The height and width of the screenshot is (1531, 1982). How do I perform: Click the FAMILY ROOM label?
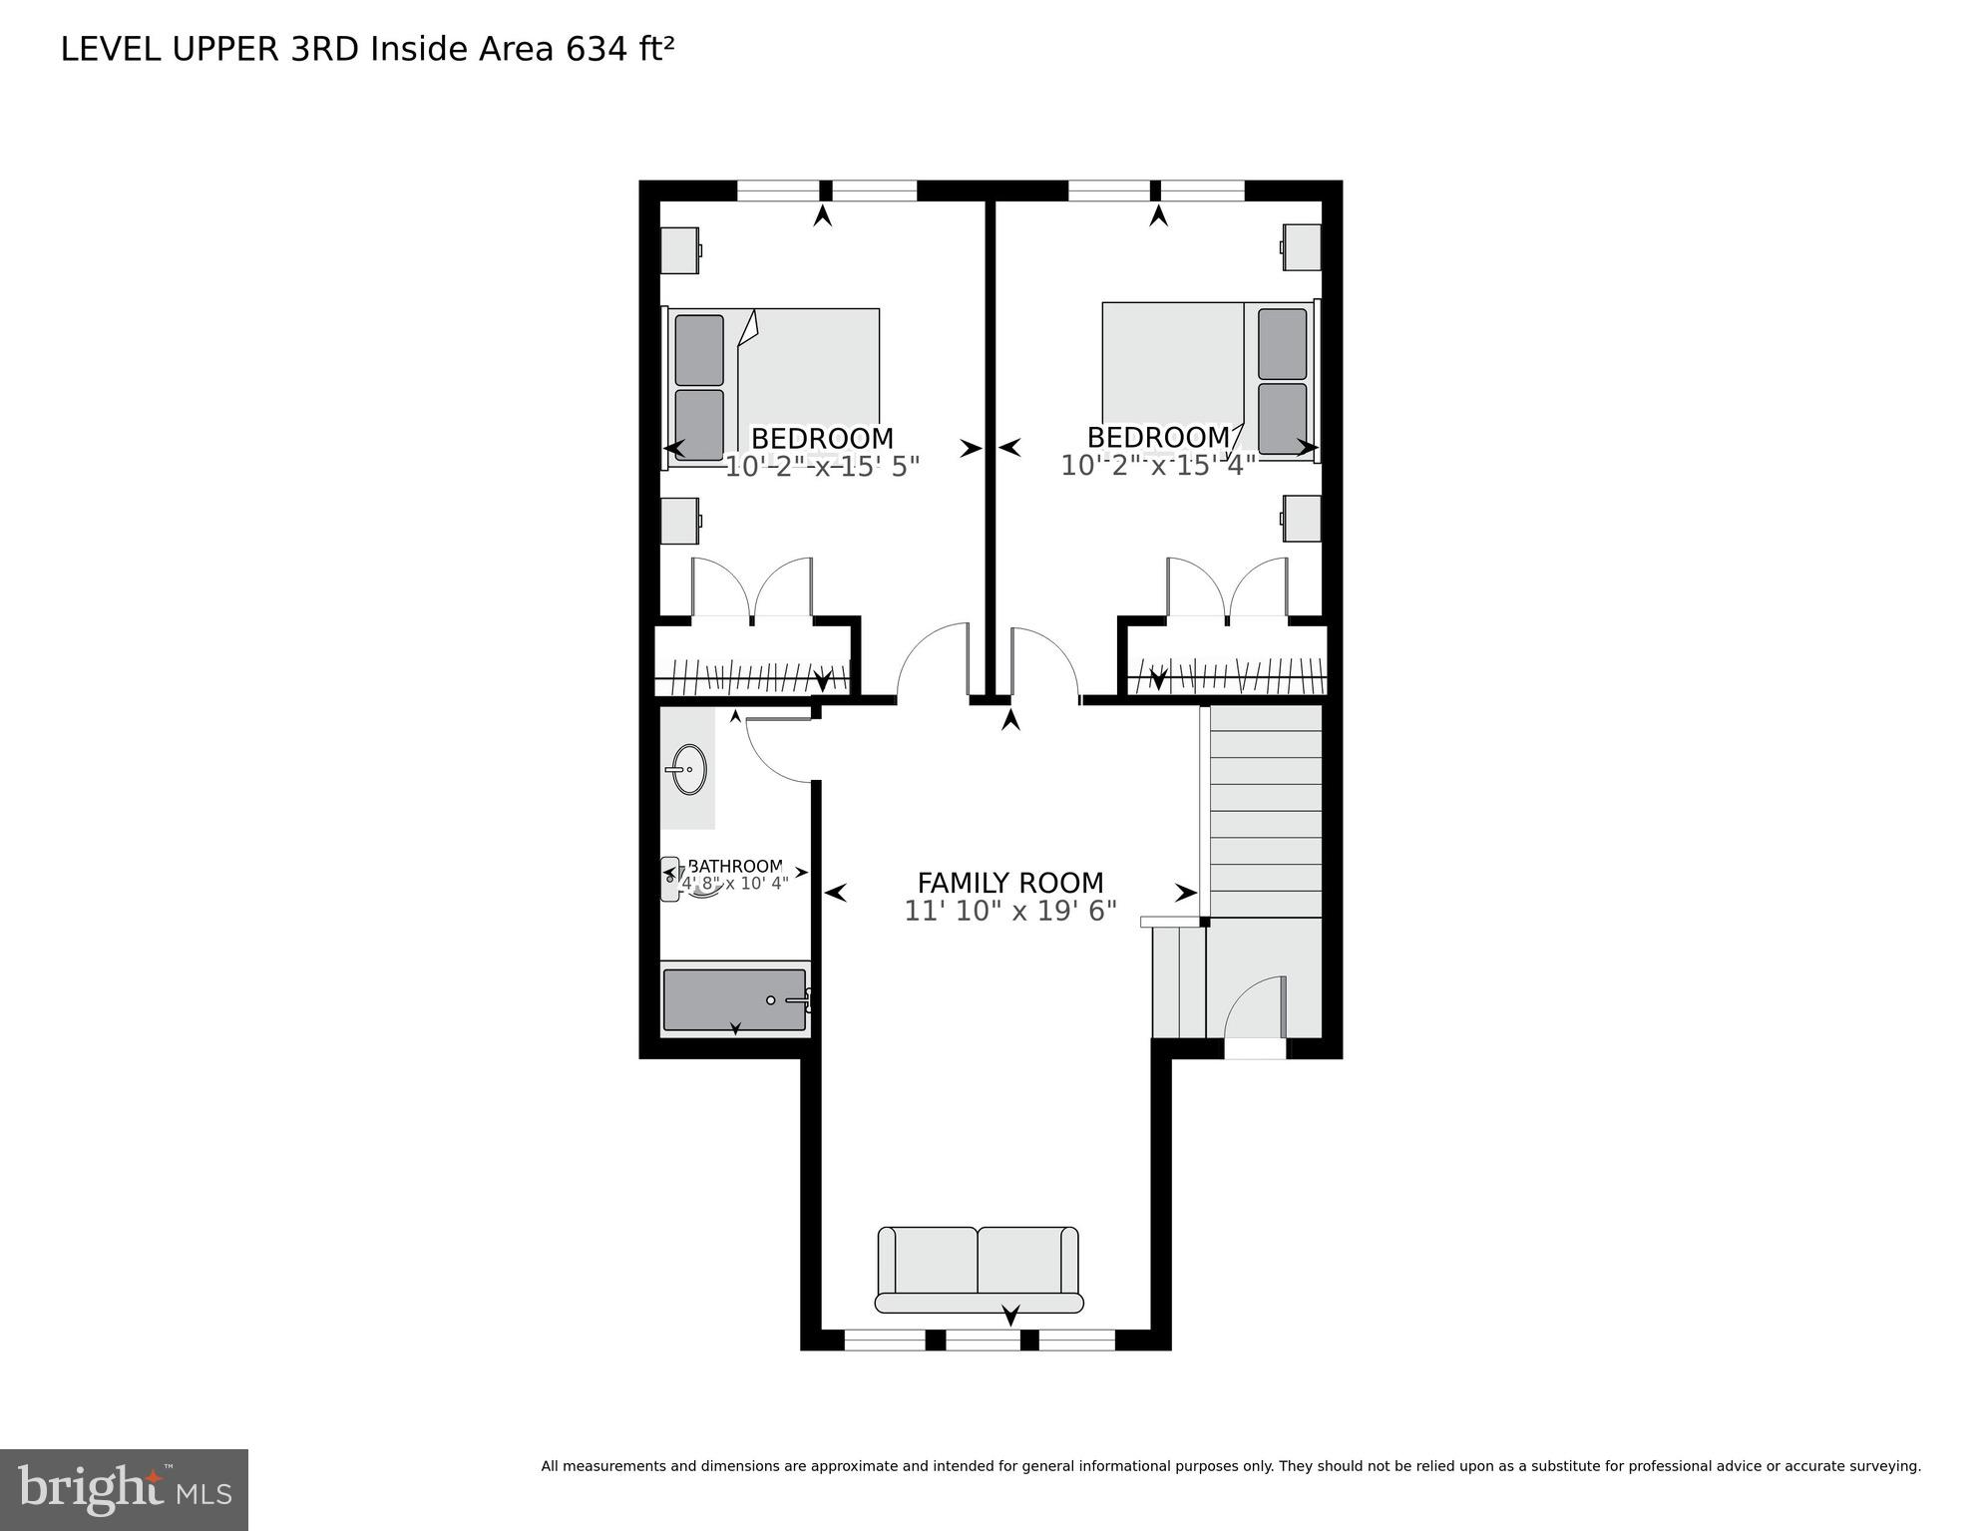point(1009,883)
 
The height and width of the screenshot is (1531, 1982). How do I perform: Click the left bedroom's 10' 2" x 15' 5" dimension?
point(821,467)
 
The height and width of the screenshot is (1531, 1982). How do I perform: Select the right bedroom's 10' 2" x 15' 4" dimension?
point(1157,466)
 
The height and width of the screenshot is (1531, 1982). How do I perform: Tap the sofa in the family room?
point(979,1270)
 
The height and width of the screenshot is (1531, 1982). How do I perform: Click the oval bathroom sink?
point(688,769)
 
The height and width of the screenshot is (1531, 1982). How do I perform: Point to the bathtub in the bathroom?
point(735,999)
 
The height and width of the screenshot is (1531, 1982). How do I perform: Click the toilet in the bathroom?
point(672,879)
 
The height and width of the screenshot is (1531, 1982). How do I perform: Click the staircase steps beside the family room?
point(1265,810)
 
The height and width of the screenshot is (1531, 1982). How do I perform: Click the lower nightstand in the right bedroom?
point(1302,518)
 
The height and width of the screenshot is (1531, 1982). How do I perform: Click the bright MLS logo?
point(124,1489)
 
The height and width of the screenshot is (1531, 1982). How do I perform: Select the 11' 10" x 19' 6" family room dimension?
point(1009,911)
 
